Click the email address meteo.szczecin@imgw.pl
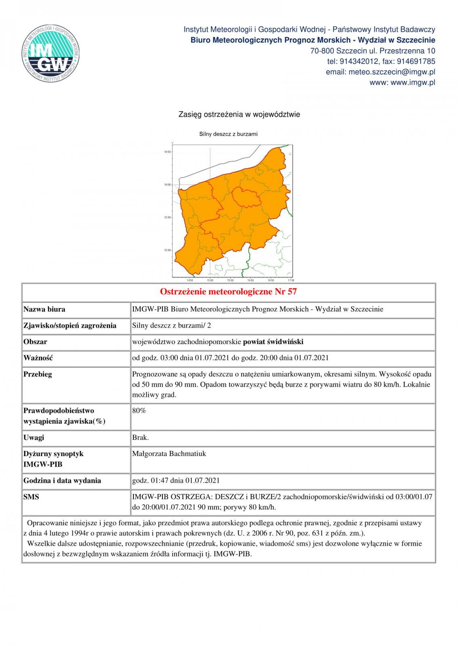(380, 72)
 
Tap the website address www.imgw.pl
(402, 82)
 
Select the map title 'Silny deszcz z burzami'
(228, 134)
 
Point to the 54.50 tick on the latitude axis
(167, 152)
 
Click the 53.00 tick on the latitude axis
(167, 250)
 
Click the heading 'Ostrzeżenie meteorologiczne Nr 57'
(228, 292)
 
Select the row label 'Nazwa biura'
(44, 309)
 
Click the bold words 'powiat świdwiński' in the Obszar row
(273, 342)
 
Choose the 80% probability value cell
(139, 410)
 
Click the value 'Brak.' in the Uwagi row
(140, 438)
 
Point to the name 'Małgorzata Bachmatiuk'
(169, 454)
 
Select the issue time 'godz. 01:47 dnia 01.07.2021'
(176, 480)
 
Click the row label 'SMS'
(31, 497)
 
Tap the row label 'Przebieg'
(38, 374)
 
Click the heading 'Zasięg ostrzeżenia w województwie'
(239, 114)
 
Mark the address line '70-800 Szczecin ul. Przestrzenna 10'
(373, 51)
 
